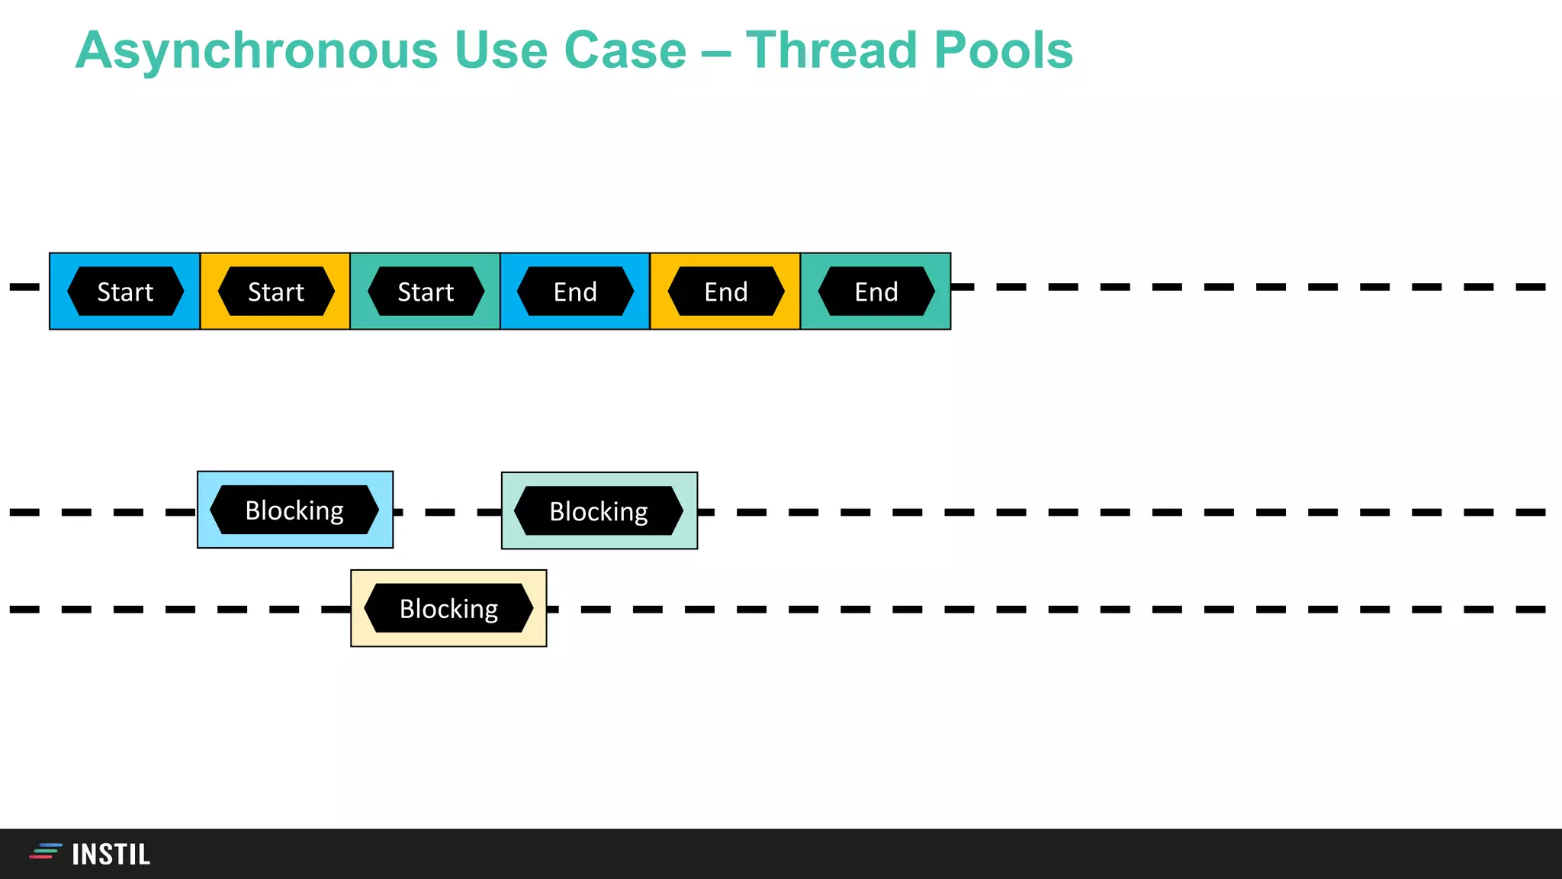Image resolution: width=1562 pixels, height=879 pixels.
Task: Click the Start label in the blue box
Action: coord(125,291)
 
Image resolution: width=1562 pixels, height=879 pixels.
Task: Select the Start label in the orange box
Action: coord(275,291)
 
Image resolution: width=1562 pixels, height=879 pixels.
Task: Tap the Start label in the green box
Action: coord(426,291)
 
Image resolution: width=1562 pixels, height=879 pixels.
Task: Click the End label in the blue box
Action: coord(575,291)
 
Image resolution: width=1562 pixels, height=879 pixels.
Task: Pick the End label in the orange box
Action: coord(725,291)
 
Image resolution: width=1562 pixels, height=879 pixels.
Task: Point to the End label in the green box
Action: coord(876,291)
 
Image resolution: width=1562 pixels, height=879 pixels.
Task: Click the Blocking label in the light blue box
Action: coord(294,510)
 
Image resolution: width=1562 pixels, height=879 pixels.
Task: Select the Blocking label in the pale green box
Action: coord(599,511)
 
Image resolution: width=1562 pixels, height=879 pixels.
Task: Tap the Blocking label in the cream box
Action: coord(448,609)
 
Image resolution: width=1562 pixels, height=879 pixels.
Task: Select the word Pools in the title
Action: coord(1003,51)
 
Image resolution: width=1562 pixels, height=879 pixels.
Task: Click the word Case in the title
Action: coord(625,51)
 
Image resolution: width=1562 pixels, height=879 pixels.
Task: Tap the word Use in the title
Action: coord(501,51)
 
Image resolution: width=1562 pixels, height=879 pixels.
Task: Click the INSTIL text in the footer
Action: coord(111,855)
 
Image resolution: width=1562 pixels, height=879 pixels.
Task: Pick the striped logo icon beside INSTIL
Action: coord(46,852)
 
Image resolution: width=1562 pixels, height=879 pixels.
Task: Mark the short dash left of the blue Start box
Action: coord(24,287)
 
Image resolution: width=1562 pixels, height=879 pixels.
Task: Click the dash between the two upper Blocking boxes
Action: coord(440,512)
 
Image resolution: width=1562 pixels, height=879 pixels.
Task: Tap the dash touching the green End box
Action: coord(963,287)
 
